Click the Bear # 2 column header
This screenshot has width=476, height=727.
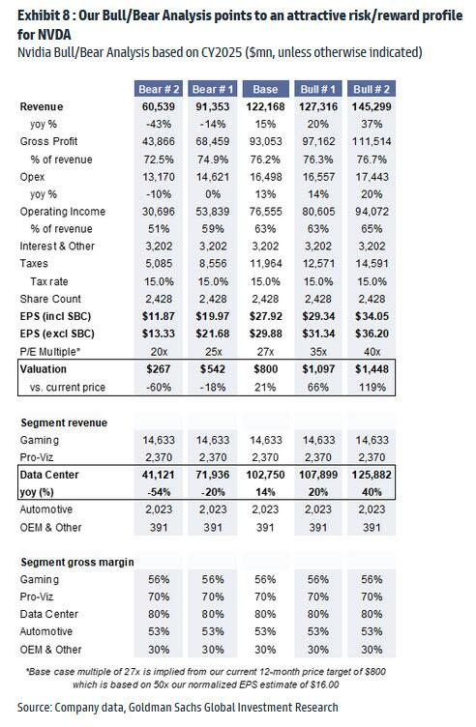[159, 89]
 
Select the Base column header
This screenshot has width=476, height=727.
[265, 89]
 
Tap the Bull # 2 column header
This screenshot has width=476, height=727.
[372, 89]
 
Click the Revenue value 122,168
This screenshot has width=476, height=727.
[265, 106]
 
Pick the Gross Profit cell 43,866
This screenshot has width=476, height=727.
[159, 141]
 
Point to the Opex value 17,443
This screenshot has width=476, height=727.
[372, 177]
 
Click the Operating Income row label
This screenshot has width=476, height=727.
[63, 212]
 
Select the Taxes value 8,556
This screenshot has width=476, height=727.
[213, 263]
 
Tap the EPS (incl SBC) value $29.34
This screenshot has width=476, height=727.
[318, 316]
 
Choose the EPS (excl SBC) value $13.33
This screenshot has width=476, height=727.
[159, 334]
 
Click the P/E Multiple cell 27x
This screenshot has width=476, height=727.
[265, 352]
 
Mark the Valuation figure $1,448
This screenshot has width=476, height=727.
[372, 369]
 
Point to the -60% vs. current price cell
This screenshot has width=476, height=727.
[159, 387]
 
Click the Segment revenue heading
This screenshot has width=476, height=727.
[64, 422]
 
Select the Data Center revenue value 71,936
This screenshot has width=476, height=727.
[213, 475]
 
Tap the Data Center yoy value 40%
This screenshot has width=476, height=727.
[372, 492]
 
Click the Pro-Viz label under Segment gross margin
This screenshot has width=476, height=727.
[37, 596]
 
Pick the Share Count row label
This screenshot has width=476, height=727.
[50, 299]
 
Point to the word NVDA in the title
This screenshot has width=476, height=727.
[57, 34]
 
